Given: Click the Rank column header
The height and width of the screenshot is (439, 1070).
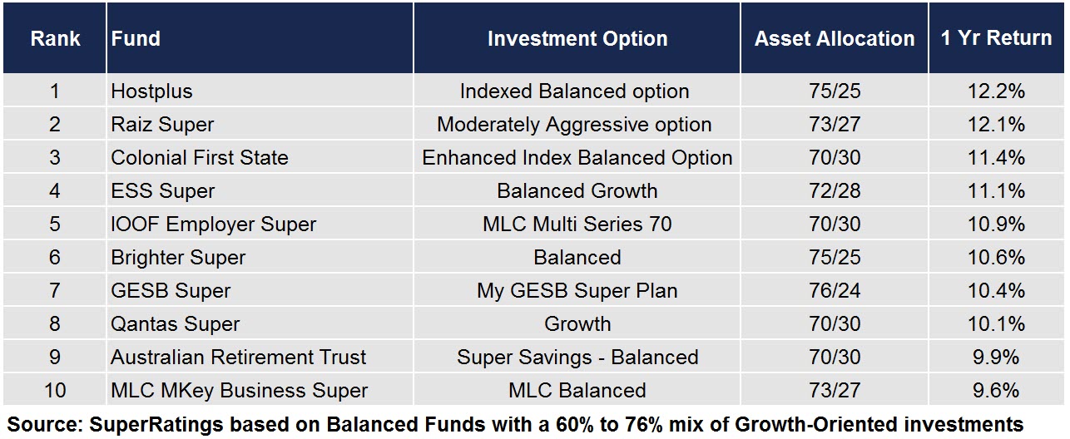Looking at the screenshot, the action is pos(55,38).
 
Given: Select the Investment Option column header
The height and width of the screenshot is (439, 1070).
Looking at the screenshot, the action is pos(577,38).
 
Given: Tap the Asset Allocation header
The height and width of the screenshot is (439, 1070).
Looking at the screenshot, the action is pos(835,38).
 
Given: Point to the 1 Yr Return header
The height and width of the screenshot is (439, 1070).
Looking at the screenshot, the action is pos(997,37).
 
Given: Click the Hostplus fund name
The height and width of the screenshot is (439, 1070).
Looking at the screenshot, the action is pos(151,91).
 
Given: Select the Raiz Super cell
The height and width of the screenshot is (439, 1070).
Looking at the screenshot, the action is pos(162,125).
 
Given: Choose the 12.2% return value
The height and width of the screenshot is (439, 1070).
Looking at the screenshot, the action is pos(997,91).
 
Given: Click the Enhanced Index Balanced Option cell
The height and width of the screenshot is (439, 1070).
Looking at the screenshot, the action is pos(577,157).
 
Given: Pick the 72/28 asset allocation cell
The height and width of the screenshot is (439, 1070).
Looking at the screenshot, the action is pos(835,191).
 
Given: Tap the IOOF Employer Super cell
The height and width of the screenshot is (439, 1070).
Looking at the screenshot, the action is pos(214,224).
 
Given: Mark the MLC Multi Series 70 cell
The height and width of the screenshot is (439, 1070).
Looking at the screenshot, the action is pos(577,224).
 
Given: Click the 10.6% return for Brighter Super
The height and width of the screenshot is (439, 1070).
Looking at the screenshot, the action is pos(997,257).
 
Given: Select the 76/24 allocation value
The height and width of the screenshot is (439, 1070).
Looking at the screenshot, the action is pos(835,291).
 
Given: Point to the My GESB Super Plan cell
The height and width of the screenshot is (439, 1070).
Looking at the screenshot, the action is pos(577,291).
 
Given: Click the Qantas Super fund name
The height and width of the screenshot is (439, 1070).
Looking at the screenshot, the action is pos(176,324).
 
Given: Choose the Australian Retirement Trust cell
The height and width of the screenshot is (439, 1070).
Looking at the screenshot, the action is pos(238,357).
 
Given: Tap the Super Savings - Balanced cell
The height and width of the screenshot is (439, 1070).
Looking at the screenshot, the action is pos(577,357).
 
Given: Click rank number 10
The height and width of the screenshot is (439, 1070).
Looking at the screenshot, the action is pos(55,390).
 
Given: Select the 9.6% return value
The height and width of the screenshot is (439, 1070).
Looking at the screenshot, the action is pos(997,390).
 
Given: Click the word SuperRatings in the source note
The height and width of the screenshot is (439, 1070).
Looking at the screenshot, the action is pos(156,424).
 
